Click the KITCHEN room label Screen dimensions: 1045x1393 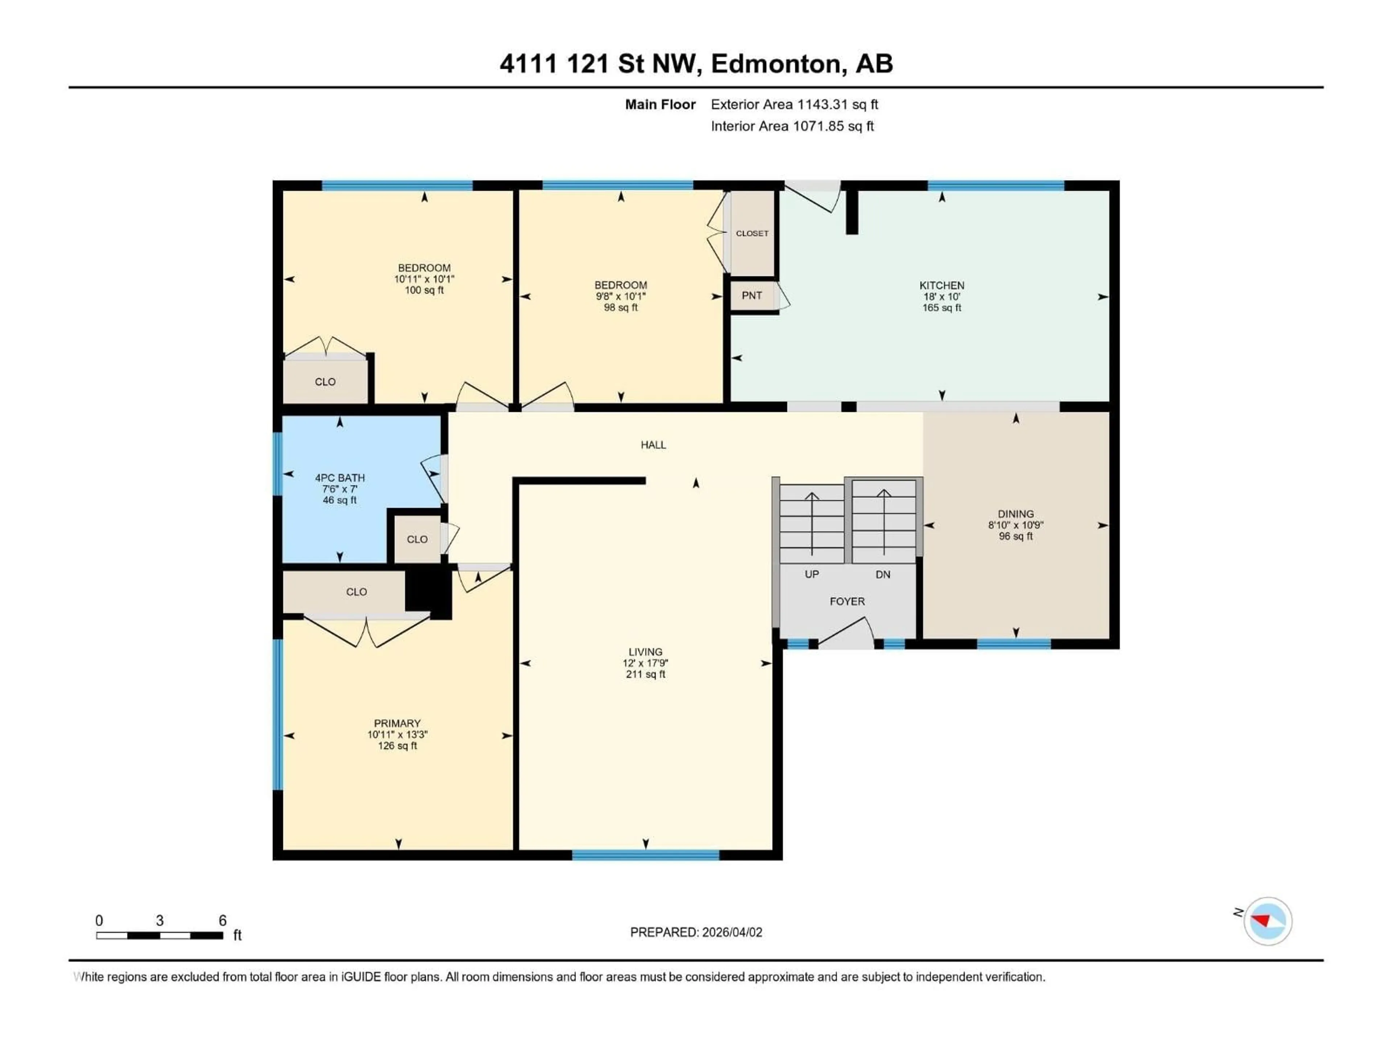tap(941, 285)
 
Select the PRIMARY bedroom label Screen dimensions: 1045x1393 tap(397, 723)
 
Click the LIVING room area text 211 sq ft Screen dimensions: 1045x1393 tap(645, 675)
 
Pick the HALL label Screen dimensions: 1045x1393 tap(653, 445)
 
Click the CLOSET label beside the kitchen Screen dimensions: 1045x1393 tap(752, 233)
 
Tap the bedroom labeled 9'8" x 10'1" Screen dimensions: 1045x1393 tap(620, 296)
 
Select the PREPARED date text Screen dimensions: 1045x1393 tap(696, 932)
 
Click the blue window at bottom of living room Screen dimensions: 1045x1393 tap(645, 855)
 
